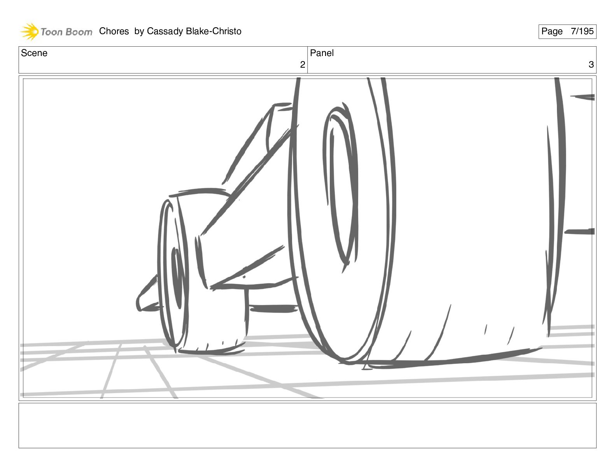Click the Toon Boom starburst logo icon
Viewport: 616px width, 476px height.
(x=30, y=31)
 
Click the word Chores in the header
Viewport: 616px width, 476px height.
(x=114, y=31)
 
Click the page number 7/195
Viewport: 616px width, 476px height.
(x=582, y=31)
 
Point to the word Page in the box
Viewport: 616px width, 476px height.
(x=552, y=31)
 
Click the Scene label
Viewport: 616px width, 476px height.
(x=34, y=53)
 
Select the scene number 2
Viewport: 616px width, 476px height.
(x=303, y=65)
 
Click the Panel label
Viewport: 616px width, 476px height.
(x=322, y=53)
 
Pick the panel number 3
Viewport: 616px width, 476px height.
(x=591, y=65)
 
